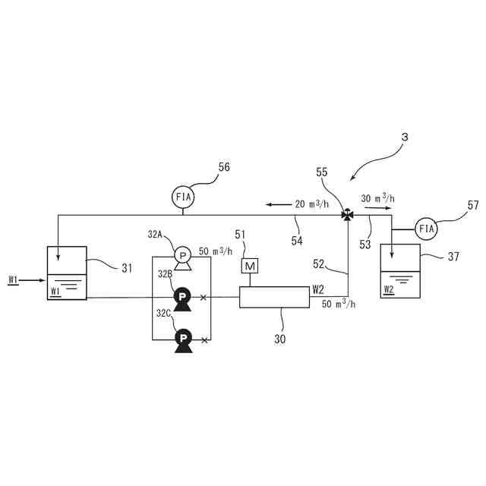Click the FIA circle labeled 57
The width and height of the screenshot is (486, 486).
coord(428,228)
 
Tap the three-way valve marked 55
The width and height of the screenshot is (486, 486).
coord(347,214)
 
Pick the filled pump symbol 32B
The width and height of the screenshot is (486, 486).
coord(182,297)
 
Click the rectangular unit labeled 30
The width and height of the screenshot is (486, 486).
coord(274,297)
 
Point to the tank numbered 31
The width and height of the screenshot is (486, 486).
coord(68,272)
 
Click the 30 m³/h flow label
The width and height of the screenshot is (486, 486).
coord(377,198)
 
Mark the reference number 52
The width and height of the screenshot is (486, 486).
coord(319,265)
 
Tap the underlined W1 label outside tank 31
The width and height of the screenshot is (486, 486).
coord(13,280)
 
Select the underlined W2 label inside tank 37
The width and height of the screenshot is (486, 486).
coord(389,289)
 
